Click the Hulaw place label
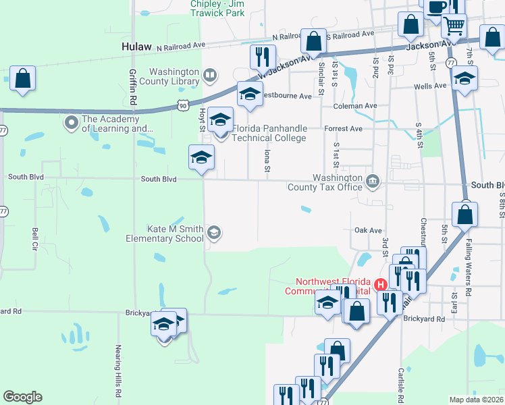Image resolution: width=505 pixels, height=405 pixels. (137, 47)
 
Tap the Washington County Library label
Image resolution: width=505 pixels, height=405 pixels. (174, 77)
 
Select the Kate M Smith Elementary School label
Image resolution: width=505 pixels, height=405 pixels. (165, 234)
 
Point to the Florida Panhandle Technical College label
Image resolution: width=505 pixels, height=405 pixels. (269, 133)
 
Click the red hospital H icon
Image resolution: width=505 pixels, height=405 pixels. (380, 286)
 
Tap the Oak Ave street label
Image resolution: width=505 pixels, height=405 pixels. (368, 230)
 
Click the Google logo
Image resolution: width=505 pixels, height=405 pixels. (22, 397)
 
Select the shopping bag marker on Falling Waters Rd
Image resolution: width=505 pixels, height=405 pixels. (465, 215)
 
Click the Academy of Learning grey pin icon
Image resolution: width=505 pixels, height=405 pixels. (71, 122)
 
